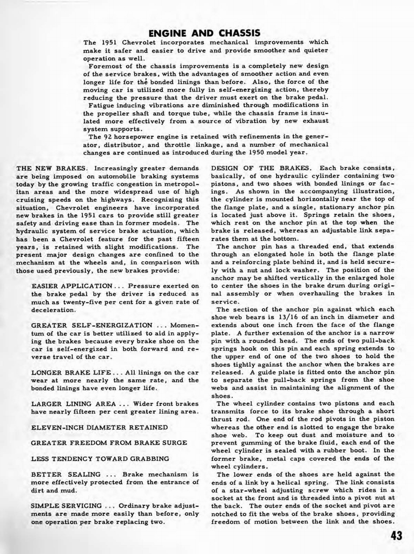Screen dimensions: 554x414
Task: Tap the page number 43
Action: pyautogui.click(x=396, y=536)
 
